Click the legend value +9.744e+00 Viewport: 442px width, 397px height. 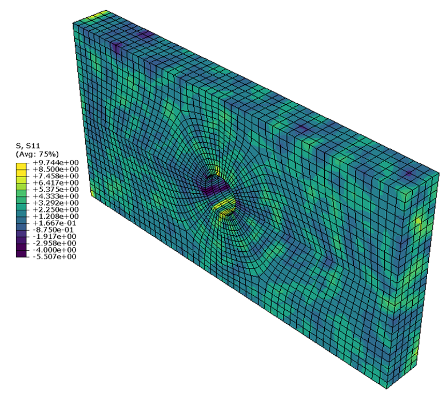pos(56,162)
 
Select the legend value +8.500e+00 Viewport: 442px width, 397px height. pos(56,169)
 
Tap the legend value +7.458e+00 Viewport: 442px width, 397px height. pos(56,176)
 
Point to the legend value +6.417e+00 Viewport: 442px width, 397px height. pos(56,183)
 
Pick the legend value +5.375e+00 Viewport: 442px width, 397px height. pos(56,190)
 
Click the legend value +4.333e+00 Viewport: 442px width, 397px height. pos(56,197)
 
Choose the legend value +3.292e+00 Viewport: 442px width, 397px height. pos(56,203)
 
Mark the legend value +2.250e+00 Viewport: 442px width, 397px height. pos(56,210)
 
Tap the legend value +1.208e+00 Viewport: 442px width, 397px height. pos(56,216)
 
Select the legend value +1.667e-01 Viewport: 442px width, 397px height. pos(55,223)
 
